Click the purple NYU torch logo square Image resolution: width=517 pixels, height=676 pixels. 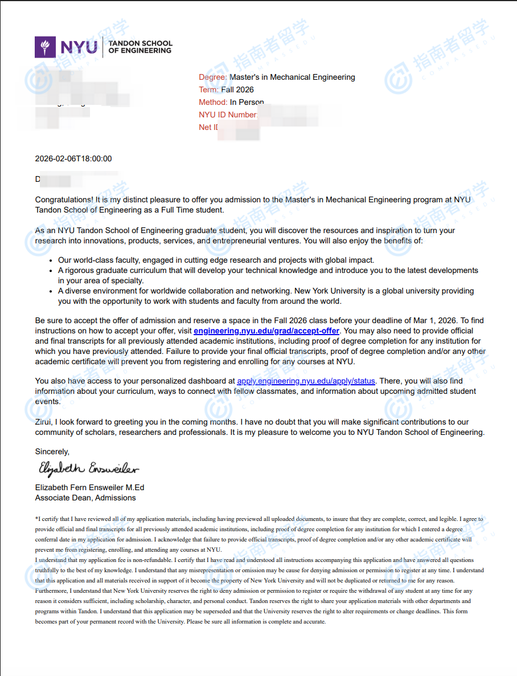coord(45,47)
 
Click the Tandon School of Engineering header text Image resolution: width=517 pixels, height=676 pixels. coord(140,47)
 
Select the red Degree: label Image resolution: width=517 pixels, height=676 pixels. coord(212,77)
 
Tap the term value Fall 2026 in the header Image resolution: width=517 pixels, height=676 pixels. coord(237,89)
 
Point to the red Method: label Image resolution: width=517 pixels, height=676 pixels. coord(213,103)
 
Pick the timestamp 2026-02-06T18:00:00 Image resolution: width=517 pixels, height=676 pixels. coord(73,159)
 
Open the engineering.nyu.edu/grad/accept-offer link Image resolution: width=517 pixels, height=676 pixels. coord(266,331)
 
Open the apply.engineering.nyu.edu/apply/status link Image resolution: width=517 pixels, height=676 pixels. coord(306,381)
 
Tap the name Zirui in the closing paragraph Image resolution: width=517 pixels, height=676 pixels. coord(44,422)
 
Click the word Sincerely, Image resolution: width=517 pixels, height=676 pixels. coord(52,452)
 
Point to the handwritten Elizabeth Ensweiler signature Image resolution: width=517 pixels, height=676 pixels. coord(88,469)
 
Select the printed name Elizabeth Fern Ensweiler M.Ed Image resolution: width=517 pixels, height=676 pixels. coord(89,488)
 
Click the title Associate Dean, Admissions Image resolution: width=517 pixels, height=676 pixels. coord(85,498)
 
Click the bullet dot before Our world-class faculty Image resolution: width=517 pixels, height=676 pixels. coord(52,260)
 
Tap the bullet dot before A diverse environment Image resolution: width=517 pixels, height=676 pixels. coord(52,291)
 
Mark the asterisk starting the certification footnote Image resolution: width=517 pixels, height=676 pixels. coord(36,519)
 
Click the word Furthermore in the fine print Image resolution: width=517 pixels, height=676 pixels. coord(51,591)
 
